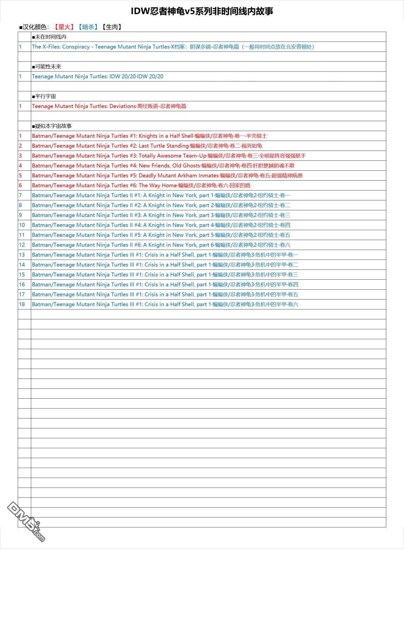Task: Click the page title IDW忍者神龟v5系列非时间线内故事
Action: pyautogui.click(x=202, y=11)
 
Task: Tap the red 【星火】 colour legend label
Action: pyautogui.click(x=64, y=27)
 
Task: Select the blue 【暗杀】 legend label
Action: pyautogui.click(x=88, y=27)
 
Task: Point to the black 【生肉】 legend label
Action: pyautogui.click(x=112, y=27)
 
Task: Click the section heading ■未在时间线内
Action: pyautogui.click(x=49, y=37)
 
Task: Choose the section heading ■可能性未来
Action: pyautogui.click(x=47, y=67)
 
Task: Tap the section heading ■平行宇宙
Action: pyautogui.click(x=44, y=96)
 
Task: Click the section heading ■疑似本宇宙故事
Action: pyautogui.click(x=52, y=126)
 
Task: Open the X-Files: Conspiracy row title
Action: pyautogui.click(x=173, y=47)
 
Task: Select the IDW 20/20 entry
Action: pyautogui.click(x=97, y=76)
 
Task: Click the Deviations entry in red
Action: pyautogui.click(x=109, y=106)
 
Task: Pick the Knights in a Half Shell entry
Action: pyautogui.click(x=149, y=136)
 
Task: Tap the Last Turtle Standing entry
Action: pyautogui.click(x=147, y=146)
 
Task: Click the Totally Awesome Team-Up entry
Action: pyautogui.click(x=169, y=156)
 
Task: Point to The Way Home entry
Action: pyautogui.click(x=141, y=186)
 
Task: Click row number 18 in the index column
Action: pyautogui.click(x=22, y=305)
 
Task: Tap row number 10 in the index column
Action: pyautogui.click(x=22, y=225)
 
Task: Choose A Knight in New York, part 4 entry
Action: pyautogui.click(x=161, y=225)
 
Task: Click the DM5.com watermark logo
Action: pyautogui.click(x=25, y=522)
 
